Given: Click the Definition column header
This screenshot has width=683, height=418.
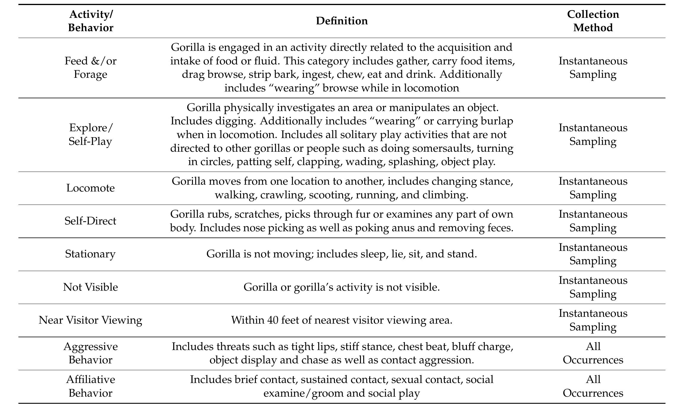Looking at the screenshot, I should coord(342,21).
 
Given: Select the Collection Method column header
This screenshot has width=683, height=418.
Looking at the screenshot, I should coord(593,21).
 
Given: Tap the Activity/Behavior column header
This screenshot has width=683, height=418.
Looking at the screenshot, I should coord(91,21).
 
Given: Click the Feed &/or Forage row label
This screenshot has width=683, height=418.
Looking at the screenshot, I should coord(91,67).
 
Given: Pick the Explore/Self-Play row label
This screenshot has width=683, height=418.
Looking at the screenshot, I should coord(91,134).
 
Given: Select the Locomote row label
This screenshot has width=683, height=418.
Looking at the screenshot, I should coord(91,188).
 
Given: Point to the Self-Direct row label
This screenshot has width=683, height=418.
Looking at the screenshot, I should coord(91,221).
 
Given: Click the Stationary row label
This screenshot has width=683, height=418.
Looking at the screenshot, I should coord(91,254).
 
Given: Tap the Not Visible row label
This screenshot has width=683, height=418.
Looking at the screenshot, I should coord(91,287).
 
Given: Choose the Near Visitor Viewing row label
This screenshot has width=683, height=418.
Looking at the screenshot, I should coord(91,320).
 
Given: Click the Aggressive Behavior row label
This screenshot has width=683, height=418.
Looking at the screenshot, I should coord(91,353).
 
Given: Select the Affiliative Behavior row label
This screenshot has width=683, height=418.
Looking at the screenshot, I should coord(91,386).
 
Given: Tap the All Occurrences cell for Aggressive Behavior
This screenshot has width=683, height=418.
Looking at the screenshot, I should coord(593,353).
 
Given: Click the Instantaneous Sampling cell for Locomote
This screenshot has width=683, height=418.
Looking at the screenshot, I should coord(593,188).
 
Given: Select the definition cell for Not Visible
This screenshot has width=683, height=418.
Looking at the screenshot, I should coord(342,287).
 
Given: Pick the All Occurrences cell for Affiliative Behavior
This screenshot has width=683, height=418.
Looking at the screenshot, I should coord(593,386).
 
